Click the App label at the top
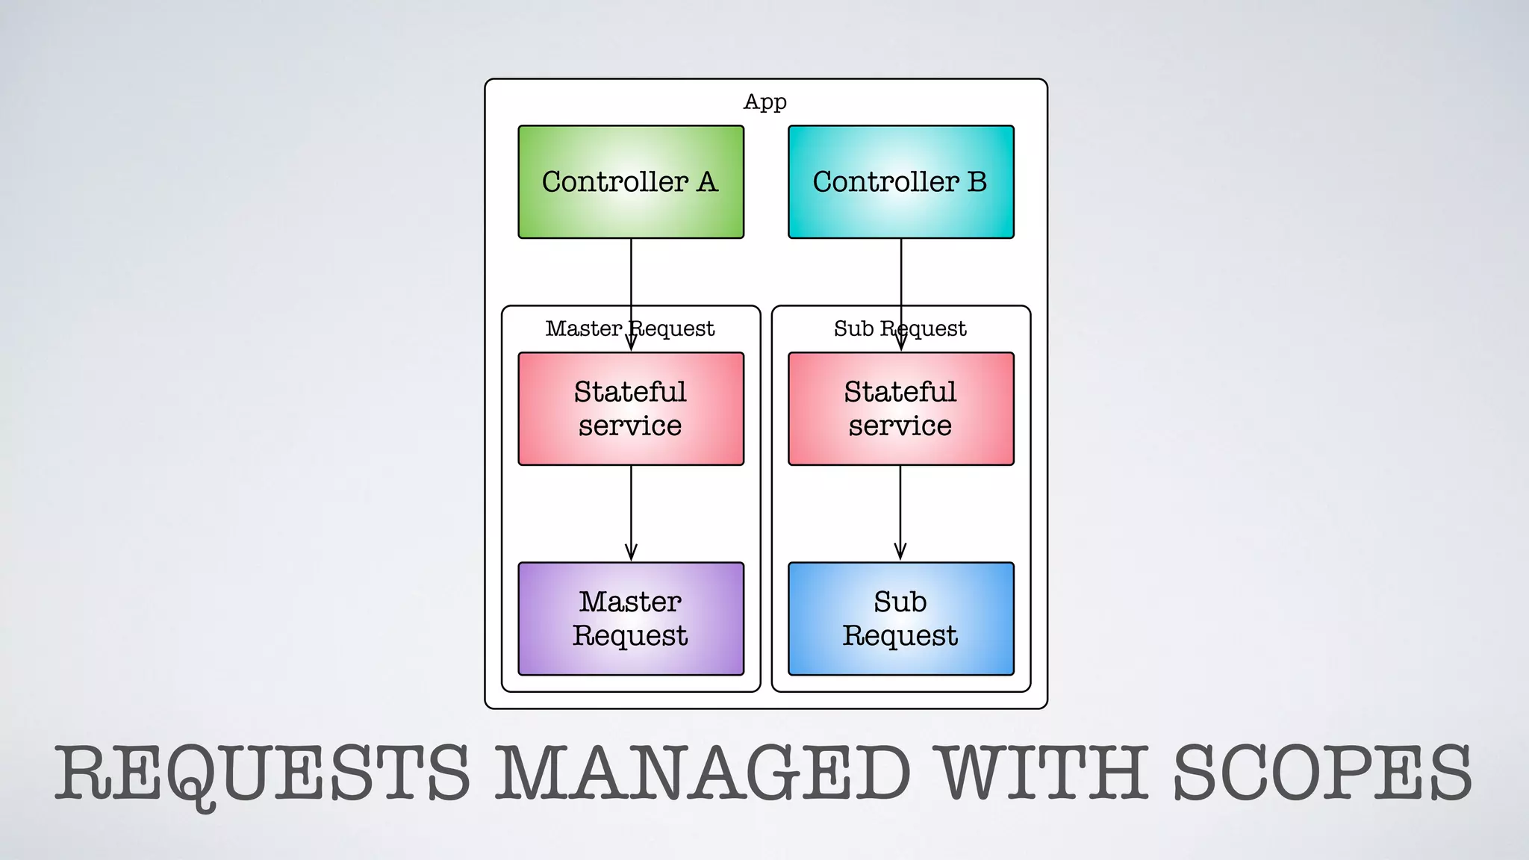765,102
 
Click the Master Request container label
629,328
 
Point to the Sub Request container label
900,328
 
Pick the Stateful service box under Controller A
631,408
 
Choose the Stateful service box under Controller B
901,408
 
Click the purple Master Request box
631,619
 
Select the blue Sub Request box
901,619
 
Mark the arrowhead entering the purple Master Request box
631,553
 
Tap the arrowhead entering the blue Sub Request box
900,553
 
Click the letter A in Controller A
707,181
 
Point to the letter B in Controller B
977,181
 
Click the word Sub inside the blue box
900,602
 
